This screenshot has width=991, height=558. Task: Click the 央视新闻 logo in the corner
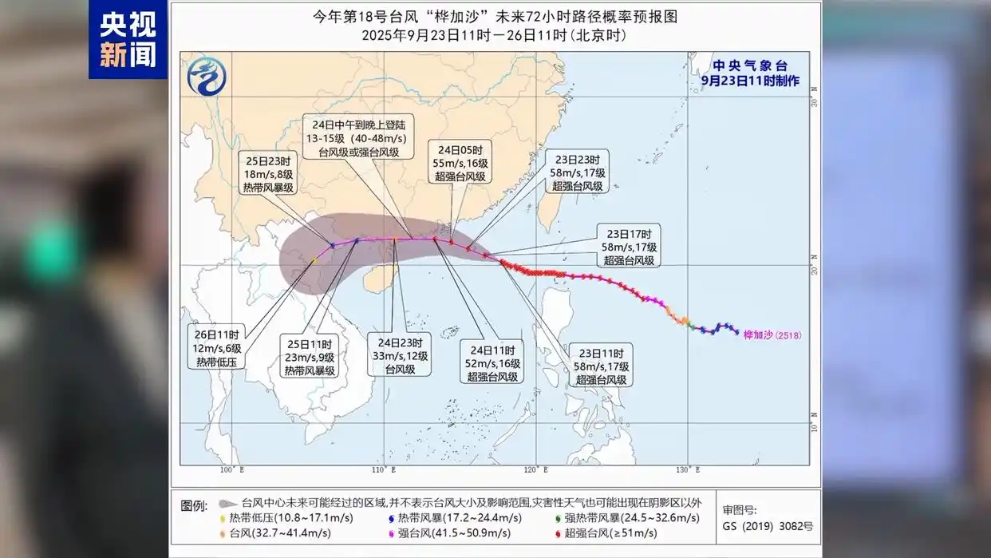[x=128, y=39]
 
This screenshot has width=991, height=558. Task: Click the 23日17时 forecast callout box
[x=629, y=247]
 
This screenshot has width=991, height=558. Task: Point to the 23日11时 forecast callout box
[x=600, y=366]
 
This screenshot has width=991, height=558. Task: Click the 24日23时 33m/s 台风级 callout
[x=400, y=354]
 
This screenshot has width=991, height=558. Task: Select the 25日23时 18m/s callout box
[x=268, y=173]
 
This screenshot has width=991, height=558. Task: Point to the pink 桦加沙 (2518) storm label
[x=772, y=335]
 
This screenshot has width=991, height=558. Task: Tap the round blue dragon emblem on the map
[x=207, y=77]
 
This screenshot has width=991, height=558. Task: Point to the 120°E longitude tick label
[x=536, y=469]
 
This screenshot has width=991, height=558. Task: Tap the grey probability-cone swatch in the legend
[x=227, y=505]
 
